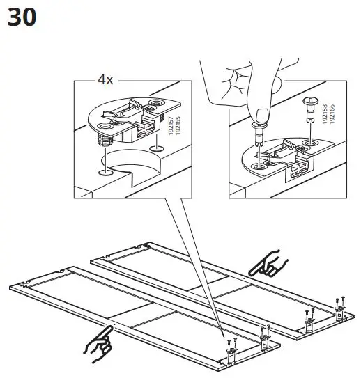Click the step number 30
point(22,17)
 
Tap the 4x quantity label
point(105,80)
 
